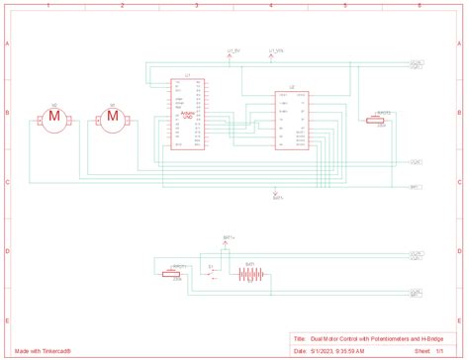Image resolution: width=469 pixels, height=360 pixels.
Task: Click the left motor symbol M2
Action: point(55,119)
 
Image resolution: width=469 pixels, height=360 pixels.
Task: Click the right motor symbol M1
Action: point(112,119)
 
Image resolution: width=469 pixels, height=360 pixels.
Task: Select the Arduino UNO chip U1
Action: point(187,111)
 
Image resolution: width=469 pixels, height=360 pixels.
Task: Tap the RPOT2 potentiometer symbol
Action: point(375,120)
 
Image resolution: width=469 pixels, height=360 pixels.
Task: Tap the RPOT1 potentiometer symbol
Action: point(180,273)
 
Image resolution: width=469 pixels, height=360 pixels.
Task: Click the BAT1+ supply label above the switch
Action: point(229,238)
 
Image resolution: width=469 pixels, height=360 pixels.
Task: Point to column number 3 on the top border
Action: point(197,6)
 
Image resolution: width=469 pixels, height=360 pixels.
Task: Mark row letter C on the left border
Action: point(7,183)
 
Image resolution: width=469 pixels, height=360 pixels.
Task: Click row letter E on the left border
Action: point(7,321)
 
